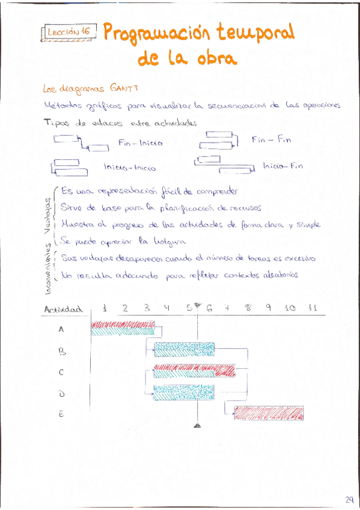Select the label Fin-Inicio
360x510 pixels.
tap(141, 143)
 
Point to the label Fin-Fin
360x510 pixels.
tap(272, 140)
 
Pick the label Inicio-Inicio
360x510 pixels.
tap(129, 168)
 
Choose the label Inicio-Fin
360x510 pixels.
tap(282, 166)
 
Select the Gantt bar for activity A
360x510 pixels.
tap(123, 329)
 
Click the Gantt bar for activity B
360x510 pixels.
tap(184, 350)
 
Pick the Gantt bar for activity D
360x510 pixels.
tap(184, 393)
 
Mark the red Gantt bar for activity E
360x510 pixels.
tap(269, 413)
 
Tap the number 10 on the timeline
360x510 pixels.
tap(290, 309)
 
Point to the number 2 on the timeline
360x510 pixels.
tap(125, 309)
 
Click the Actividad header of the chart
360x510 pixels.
tap(63, 310)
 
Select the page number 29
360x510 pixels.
tap(349, 499)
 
